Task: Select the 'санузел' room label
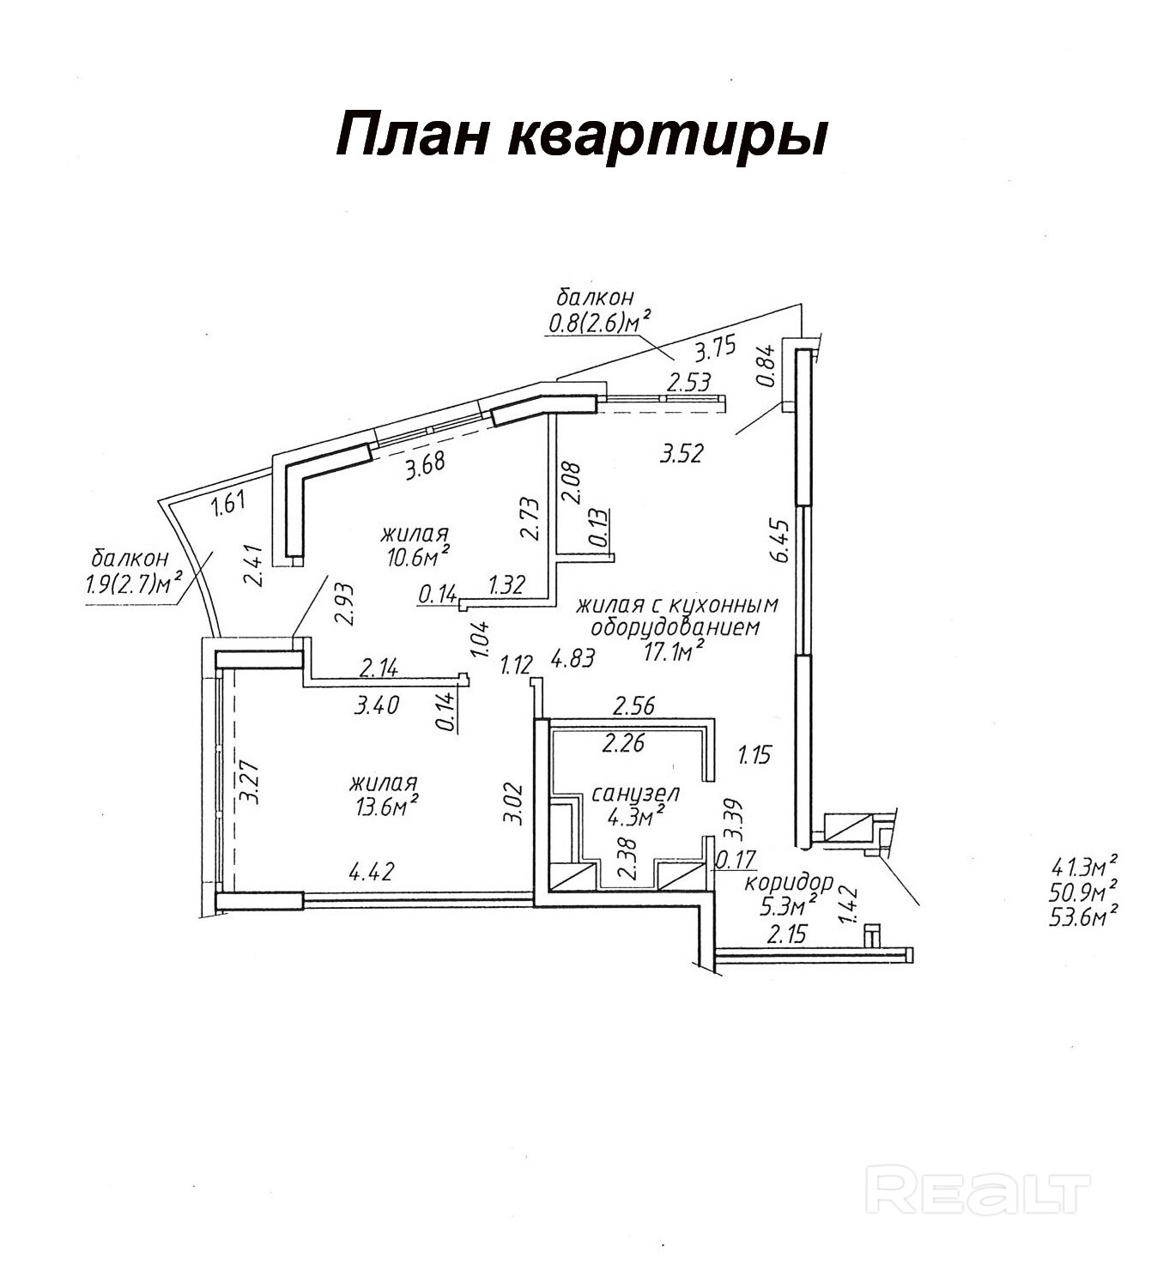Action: click(636, 794)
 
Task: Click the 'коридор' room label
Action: click(789, 882)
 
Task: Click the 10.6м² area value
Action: click(419, 558)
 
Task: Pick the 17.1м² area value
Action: click(674, 652)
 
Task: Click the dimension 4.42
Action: click(371, 873)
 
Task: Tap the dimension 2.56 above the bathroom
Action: click(633, 706)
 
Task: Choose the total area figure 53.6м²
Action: click(1083, 916)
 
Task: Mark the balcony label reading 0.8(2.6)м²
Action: click(597, 324)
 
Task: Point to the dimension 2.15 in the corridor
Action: click(786, 934)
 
